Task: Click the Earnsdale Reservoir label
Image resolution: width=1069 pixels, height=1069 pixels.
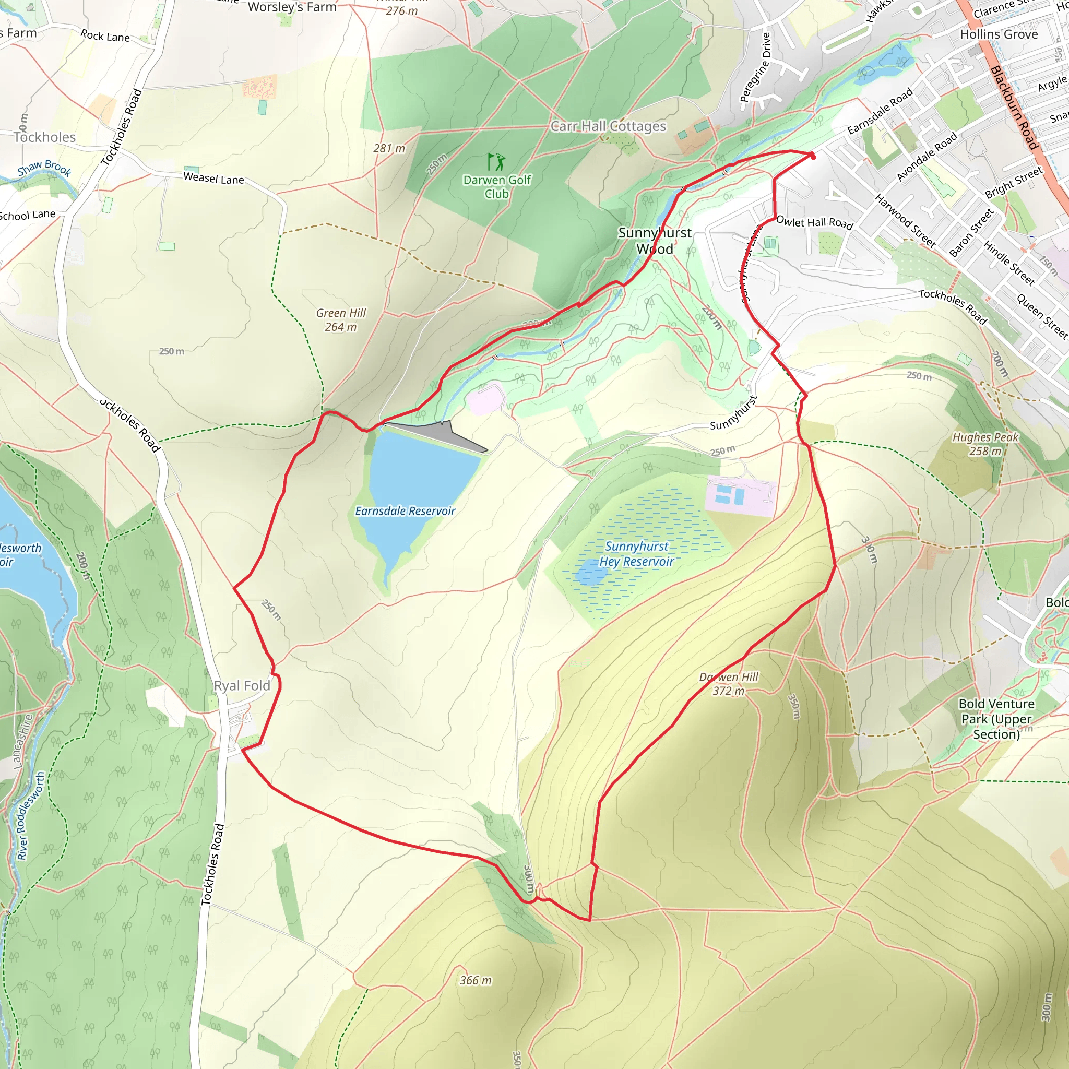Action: tap(405, 510)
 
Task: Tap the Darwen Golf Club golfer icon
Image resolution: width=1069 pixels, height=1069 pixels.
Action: tap(496, 162)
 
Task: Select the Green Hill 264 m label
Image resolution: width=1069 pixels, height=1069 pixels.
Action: tap(341, 320)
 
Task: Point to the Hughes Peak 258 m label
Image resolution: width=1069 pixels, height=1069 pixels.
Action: tap(985, 444)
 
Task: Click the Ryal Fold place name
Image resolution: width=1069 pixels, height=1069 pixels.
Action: tap(242, 685)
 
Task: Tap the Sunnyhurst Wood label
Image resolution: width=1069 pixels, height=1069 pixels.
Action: tap(655, 241)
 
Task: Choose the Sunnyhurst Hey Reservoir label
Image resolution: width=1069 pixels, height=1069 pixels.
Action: tap(637, 554)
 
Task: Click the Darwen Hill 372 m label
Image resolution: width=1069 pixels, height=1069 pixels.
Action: tap(729, 684)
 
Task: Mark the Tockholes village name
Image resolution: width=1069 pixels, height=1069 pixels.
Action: tap(44, 137)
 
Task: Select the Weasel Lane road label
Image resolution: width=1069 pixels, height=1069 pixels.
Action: tap(213, 178)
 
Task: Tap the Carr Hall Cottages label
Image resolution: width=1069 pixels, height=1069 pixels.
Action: tap(609, 126)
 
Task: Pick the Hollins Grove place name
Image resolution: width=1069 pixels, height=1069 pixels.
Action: tap(999, 34)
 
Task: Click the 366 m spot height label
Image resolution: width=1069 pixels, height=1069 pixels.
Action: tap(476, 980)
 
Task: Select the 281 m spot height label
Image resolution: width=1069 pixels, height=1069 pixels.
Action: tap(389, 148)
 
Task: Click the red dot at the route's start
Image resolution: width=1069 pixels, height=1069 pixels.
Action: tap(812, 157)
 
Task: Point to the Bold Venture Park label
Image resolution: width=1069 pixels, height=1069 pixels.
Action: tap(996, 719)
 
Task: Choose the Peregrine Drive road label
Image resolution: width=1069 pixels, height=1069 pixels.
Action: tap(755, 67)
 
